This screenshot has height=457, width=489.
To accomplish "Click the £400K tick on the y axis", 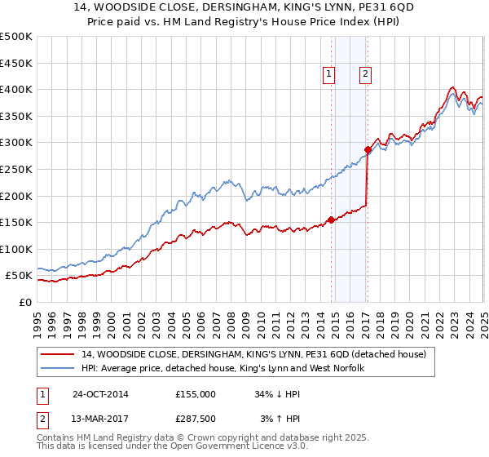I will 16,89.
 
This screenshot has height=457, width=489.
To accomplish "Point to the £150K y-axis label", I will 16,222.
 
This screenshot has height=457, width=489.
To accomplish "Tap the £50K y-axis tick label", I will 19,276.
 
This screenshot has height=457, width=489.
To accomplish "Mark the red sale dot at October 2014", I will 331,219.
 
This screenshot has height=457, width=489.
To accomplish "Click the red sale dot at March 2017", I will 367,149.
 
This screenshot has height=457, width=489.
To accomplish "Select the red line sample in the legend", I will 59,354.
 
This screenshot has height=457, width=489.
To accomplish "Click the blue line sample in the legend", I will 59,368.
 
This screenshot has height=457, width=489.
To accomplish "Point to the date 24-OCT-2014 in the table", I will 100,394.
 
